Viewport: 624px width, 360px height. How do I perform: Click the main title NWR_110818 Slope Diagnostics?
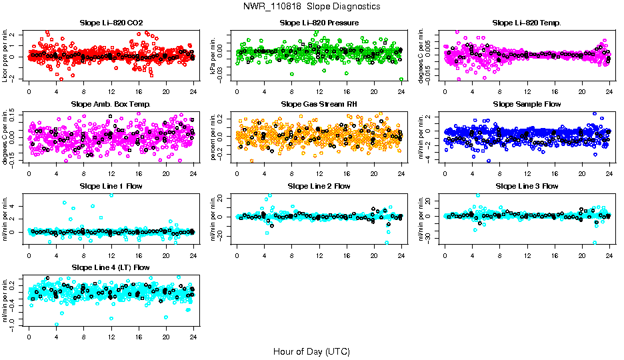point(312,6)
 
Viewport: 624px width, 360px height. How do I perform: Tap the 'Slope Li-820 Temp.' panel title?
point(527,23)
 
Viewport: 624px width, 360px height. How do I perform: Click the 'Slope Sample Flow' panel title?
point(527,104)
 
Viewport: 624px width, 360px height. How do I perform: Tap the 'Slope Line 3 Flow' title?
point(527,186)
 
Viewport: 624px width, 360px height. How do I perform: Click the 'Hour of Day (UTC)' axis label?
point(311,351)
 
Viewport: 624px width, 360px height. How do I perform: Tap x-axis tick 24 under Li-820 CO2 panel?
point(193,91)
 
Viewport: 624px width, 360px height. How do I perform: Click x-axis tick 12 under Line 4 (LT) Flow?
point(111,337)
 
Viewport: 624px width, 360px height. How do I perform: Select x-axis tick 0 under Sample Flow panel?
point(445,173)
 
